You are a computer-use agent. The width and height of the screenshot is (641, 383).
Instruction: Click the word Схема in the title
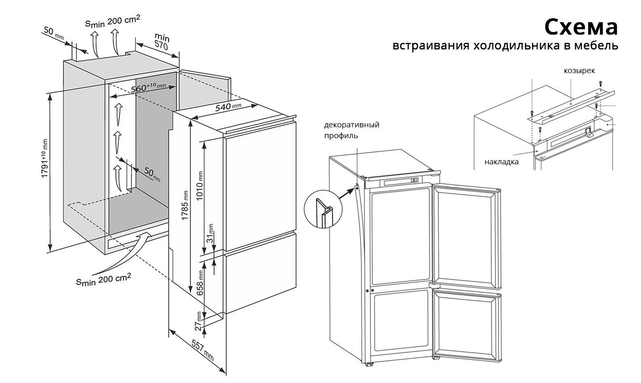coord(580,27)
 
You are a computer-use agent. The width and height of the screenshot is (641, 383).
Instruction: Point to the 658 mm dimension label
coord(200,282)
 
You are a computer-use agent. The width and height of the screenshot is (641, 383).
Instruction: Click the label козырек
coord(579,71)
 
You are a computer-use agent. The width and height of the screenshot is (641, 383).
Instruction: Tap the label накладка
coord(501,161)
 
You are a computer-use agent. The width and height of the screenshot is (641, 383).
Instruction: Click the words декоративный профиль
coord(351,130)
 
